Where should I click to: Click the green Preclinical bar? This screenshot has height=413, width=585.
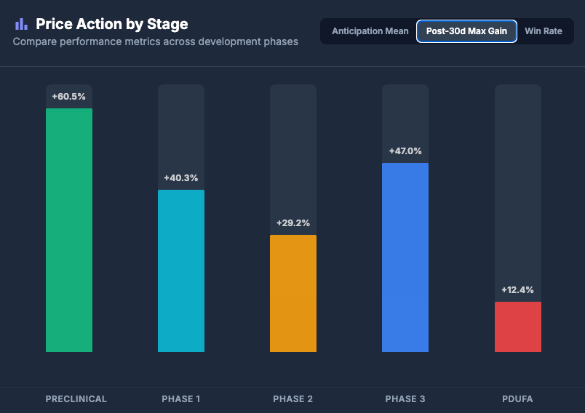69,230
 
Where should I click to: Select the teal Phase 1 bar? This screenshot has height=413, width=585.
181,270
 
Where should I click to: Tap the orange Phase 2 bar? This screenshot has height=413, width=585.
293,293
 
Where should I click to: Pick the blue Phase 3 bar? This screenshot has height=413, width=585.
405,257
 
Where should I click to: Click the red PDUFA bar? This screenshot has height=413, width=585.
517,326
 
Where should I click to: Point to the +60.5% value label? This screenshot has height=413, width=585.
69,97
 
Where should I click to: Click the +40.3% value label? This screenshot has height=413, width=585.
181,178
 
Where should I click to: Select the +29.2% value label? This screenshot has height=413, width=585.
293,223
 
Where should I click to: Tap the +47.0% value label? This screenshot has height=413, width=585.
405,151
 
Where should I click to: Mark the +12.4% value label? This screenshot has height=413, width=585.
517,290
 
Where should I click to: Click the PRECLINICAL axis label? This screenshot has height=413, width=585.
76,399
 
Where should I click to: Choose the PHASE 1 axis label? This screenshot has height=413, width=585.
181,399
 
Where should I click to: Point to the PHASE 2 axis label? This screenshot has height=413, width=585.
293,399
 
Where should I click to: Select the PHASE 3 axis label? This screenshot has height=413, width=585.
405,399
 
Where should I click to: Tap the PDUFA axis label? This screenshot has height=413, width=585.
517,399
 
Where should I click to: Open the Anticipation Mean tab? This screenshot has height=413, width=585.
370,31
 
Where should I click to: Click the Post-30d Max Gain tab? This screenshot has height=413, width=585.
466,31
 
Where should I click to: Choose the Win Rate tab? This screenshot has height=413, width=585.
544,31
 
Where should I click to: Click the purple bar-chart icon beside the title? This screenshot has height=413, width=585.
21,24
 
